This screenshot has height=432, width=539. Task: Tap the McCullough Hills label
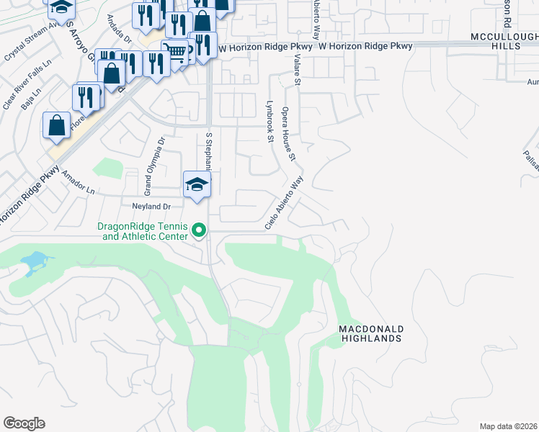504,41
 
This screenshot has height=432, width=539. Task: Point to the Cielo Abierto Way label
284,203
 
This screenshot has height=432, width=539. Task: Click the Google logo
24,423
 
